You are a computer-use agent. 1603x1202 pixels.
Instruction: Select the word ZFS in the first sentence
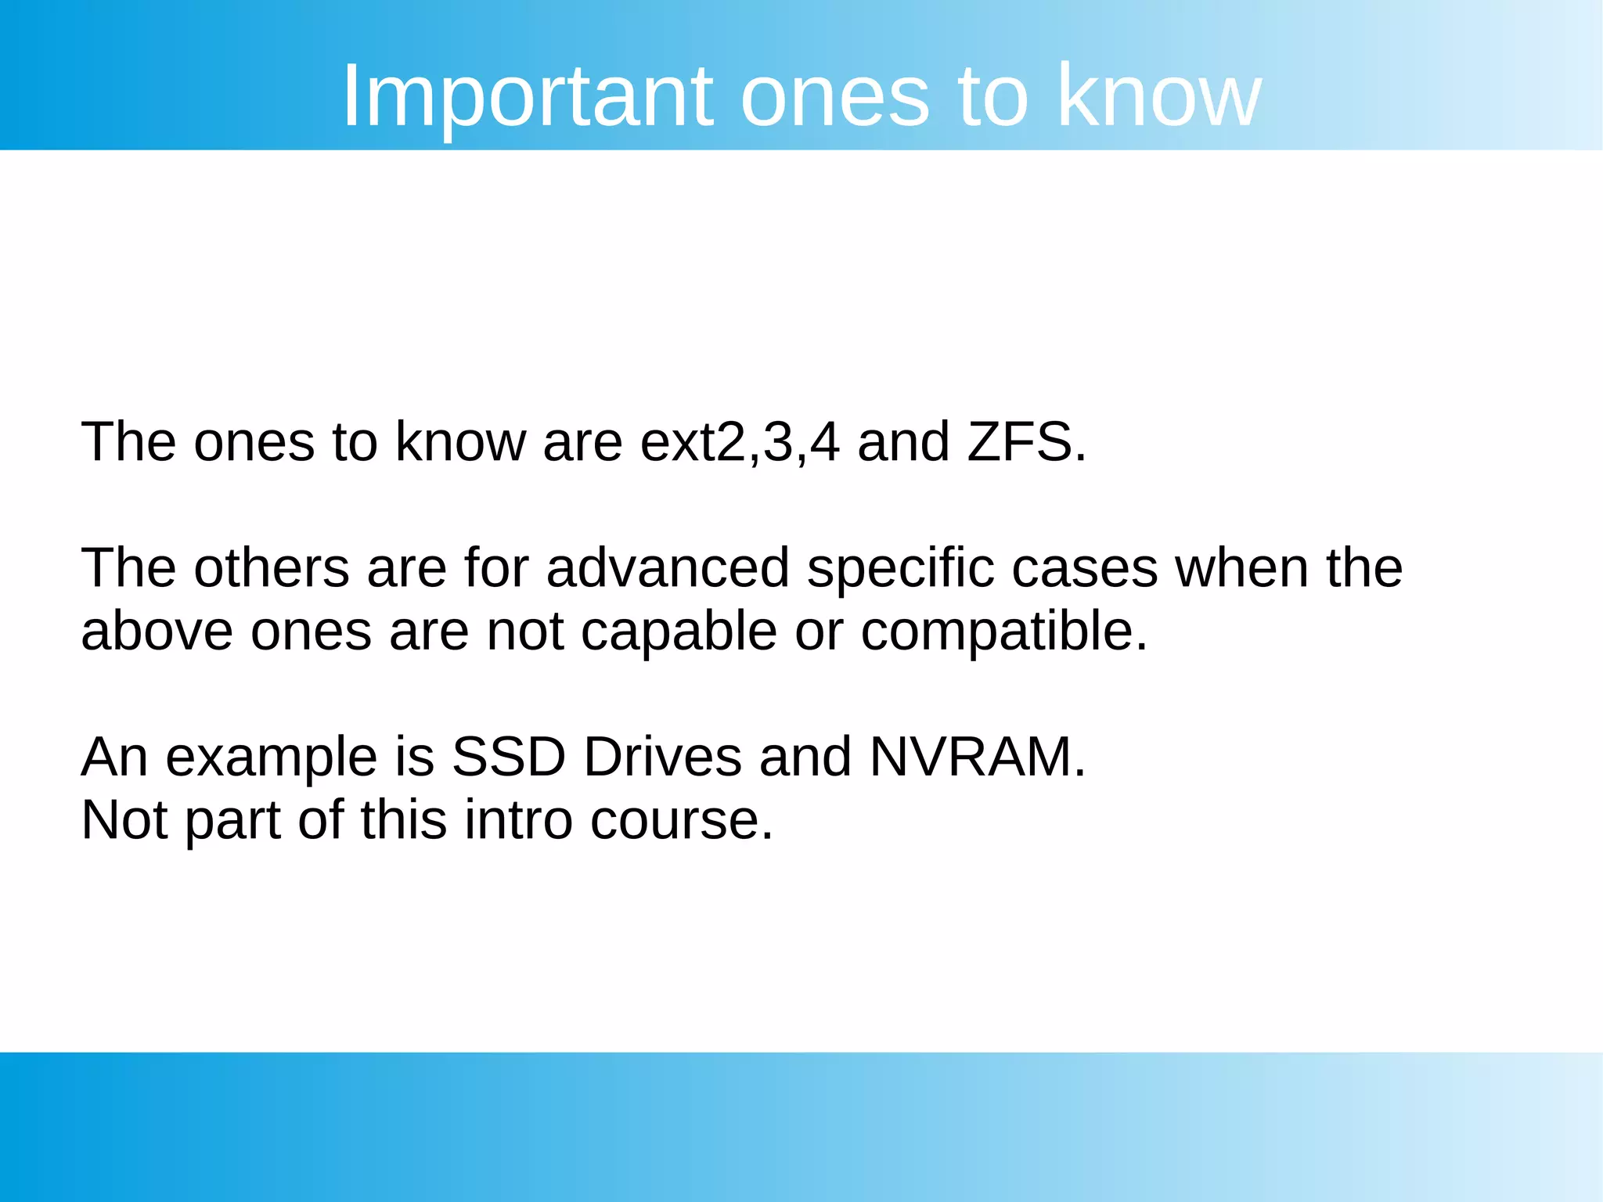(1026, 442)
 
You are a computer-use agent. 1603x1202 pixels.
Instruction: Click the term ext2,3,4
(740, 442)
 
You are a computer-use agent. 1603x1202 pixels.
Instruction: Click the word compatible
(1003, 631)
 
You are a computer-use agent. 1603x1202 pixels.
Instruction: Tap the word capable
(679, 631)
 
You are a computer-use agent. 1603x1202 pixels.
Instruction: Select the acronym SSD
(509, 757)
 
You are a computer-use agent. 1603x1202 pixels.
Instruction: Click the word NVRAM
(977, 757)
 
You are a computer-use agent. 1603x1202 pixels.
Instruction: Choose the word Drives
(662, 757)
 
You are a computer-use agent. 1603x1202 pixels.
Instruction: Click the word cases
(1084, 569)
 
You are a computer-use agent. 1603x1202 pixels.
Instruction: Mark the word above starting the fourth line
(157, 631)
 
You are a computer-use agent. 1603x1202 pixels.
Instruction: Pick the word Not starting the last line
(124, 820)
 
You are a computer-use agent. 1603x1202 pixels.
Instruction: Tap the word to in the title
(992, 97)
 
